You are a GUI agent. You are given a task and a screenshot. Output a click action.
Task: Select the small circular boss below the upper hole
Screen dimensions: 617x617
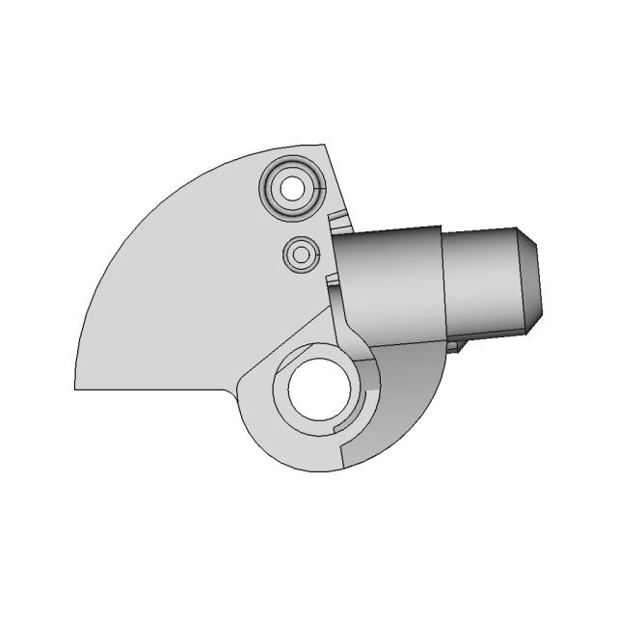tap(302, 255)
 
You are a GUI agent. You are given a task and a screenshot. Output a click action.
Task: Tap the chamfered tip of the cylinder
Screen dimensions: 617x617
tap(531, 280)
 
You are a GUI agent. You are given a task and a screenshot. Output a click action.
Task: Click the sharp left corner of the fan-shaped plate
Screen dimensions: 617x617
tap(77, 389)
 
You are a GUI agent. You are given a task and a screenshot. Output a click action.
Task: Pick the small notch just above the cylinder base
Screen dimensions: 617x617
tap(336, 224)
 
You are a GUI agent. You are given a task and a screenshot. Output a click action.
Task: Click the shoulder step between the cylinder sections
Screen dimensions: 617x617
tap(443, 284)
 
